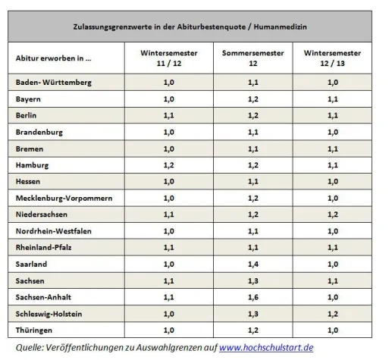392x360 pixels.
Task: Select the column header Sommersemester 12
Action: pos(250,58)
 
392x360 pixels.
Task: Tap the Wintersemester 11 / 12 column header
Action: pos(168,58)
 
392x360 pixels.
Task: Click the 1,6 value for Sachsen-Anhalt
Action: pos(250,296)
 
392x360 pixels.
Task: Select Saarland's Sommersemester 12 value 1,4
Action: pos(250,264)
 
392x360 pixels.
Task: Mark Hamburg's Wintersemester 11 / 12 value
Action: pos(168,164)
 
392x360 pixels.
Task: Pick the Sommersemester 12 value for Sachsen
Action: pos(250,280)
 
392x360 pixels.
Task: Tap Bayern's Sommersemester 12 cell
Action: pos(250,99)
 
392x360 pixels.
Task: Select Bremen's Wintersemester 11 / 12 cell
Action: pos(168,149)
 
